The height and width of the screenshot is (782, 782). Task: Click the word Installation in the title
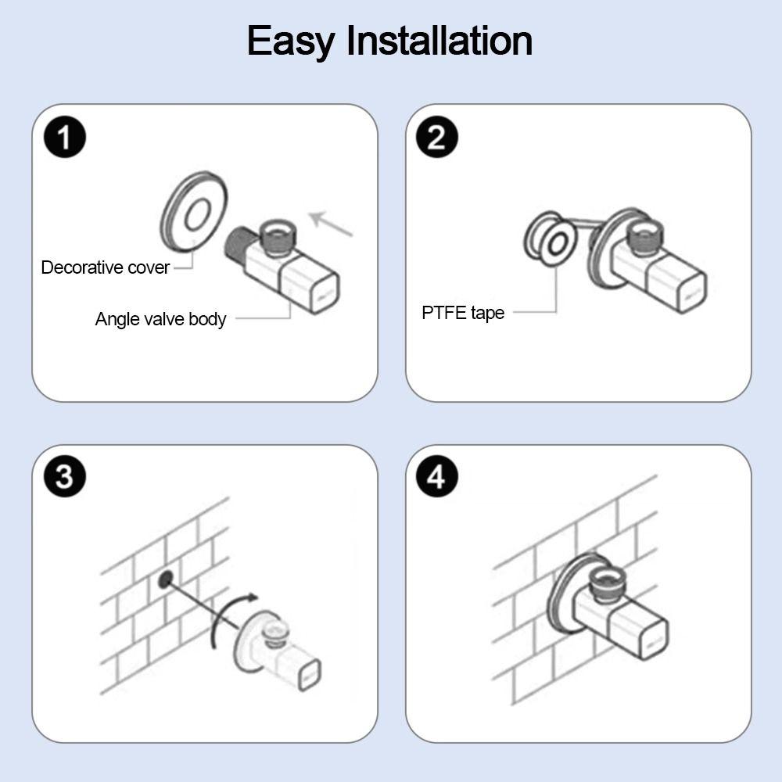tap(439, 40)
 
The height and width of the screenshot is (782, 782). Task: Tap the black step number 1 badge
tap(65, 137)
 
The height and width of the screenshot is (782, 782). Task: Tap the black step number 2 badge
tap(437, 137)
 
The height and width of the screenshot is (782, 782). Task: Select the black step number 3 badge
tap(65, 476)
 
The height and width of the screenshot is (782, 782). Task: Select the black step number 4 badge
tap(437, 476)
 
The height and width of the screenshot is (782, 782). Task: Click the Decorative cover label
tap(106, 267)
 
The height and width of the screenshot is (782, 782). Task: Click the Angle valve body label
tap(160, 319)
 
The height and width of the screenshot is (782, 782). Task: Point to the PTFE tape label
tap(463, 314)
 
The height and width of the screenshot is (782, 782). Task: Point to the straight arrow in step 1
tap(331, 224)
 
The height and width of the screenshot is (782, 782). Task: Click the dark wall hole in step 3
tap(165, 579)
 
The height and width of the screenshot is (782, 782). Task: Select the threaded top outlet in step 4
tap(608, 582)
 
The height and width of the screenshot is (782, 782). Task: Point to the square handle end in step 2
tap(692, 292)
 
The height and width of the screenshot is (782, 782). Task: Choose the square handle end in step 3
tap(310, 676)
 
